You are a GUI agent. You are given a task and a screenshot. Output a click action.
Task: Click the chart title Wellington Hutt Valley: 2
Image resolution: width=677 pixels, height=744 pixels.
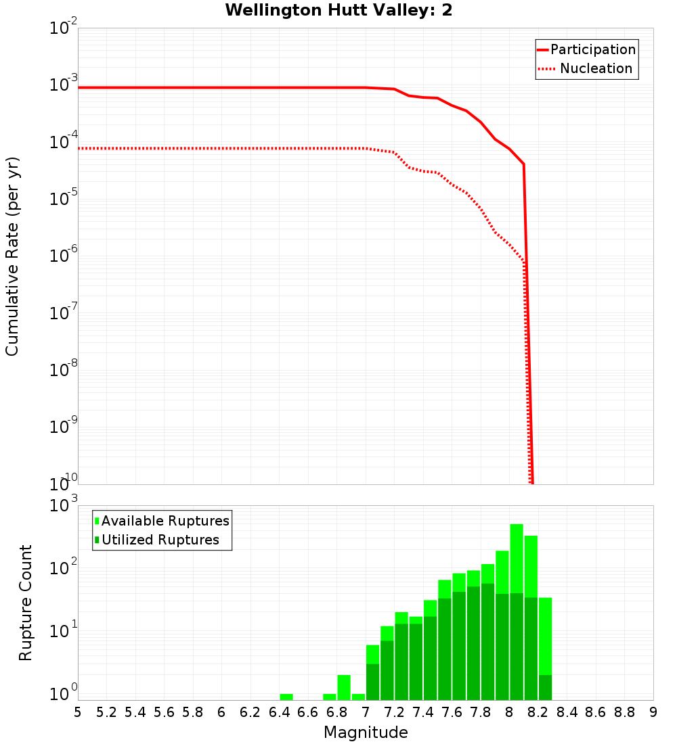tap(338, 10)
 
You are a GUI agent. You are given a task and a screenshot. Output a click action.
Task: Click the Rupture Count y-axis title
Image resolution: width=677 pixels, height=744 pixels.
tap(26, 602)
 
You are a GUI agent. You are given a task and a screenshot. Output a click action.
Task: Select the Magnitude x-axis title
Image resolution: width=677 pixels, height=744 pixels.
tap(366, 733)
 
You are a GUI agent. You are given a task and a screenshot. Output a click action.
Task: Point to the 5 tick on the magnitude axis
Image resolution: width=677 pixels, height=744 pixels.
tap(78, 712)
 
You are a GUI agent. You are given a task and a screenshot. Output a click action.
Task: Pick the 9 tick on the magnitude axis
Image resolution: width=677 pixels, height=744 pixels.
tap(653, 712)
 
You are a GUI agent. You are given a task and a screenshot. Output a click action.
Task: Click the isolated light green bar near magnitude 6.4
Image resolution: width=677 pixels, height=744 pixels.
tap(286, 697)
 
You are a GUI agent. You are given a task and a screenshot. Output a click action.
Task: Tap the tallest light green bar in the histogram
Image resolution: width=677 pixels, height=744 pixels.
tap(517, 609)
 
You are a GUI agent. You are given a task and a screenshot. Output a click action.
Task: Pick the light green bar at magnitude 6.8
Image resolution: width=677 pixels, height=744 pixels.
tap(344, 687)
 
